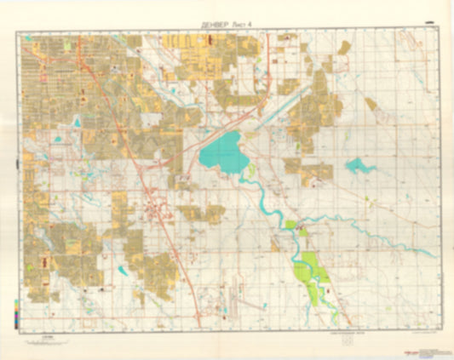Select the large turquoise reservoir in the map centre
tap(221, 152)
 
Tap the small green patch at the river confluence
tap(291, 225)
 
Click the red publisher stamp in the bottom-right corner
tap(420, 338)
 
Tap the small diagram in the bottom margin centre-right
tap(347, 343)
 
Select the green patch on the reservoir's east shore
tap(251, 169)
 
